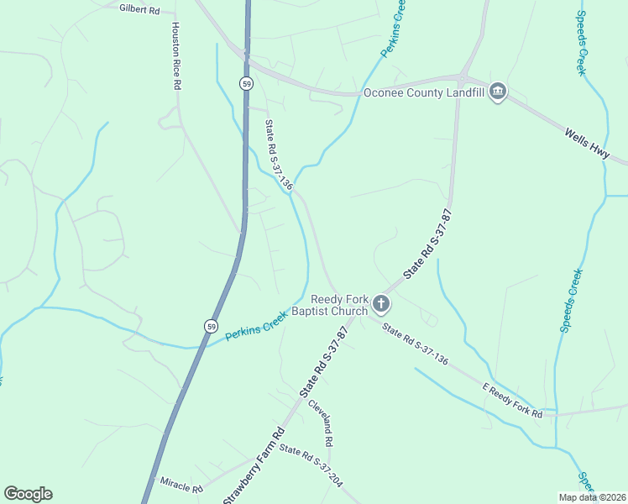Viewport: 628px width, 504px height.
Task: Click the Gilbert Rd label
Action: (139, 8)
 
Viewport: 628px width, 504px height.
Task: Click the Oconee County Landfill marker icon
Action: (497, 92)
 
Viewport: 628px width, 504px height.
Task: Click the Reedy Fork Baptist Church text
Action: (339, 305)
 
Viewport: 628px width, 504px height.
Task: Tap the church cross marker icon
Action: (381, 304)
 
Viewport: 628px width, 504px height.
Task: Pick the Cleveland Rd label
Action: (321, 423)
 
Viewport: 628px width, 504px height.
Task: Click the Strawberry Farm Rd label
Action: (254, 468)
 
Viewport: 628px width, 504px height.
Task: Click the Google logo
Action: (28, 494)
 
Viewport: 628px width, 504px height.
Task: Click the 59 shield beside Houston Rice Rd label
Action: (245, 84)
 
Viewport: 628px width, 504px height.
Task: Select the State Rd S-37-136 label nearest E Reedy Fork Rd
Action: (415, 344)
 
